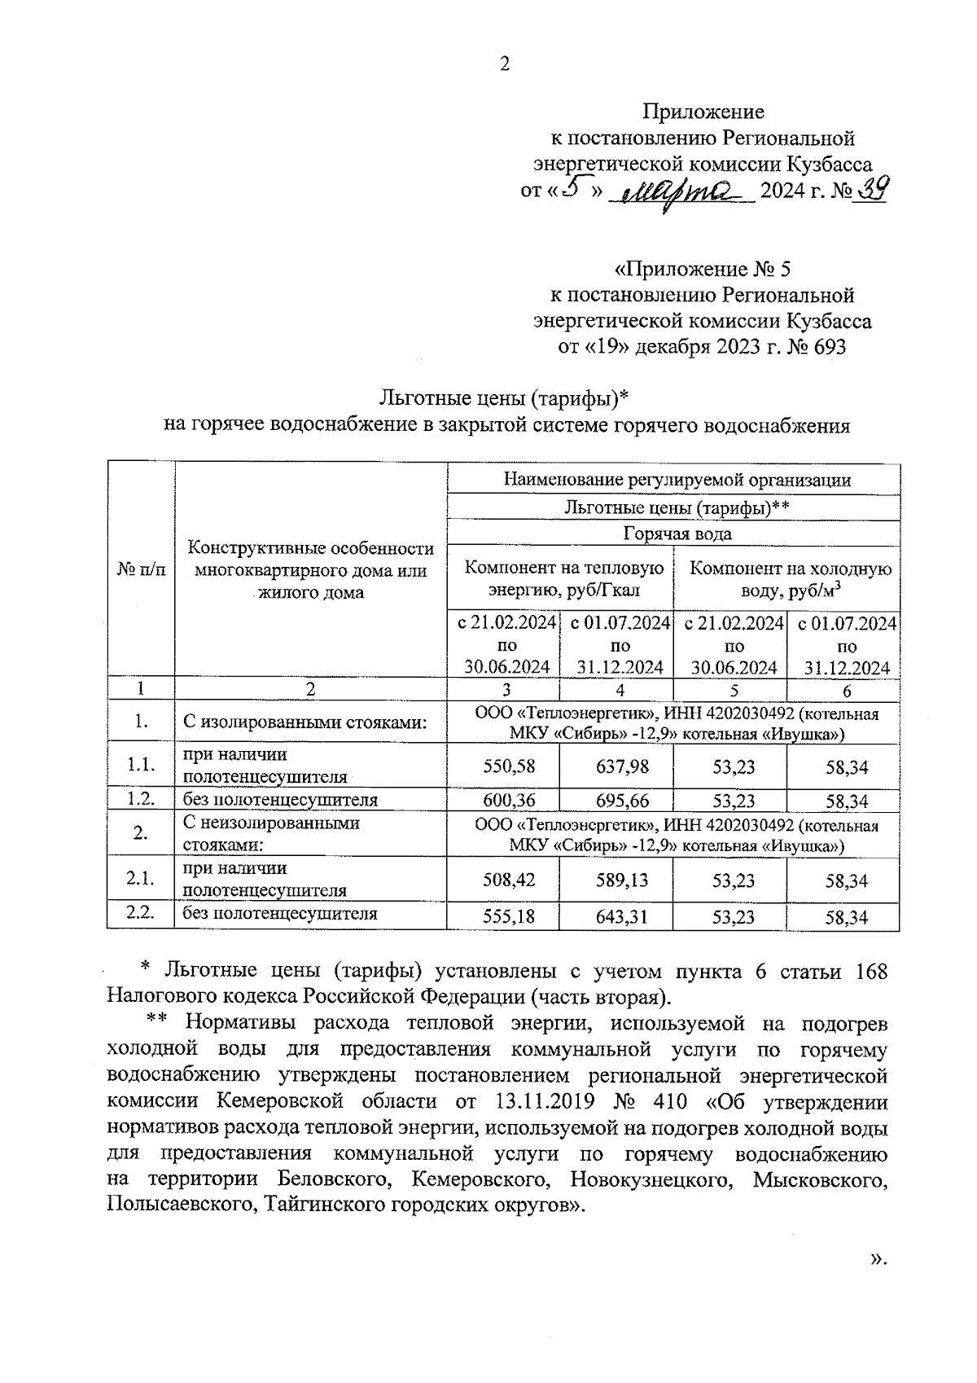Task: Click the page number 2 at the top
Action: tap(505, 65)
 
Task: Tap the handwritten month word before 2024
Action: tap(686, 195)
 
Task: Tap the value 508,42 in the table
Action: tap(503, 880)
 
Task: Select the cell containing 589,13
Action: tap(616, 880)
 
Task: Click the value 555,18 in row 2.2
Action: tap(503, 916)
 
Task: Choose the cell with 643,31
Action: tap(616, 916)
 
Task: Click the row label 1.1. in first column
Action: tap(141, 766)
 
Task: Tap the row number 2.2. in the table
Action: tap(141, 913)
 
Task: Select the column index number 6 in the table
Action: tap(846, 690)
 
